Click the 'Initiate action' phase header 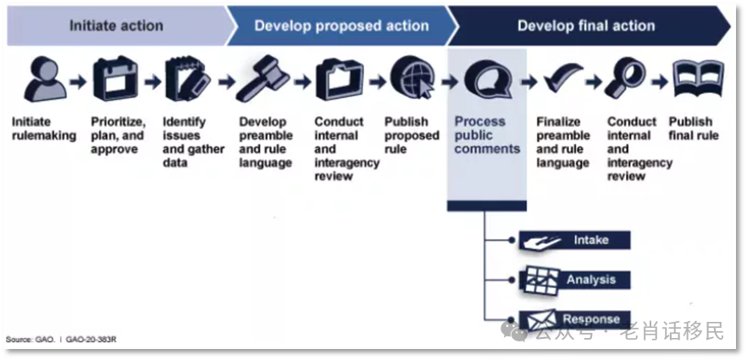click(x=117, y=25)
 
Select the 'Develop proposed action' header click(x=341, y=25)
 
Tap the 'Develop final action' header click(x=586, y=25)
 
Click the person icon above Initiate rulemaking click(x=45, y=80)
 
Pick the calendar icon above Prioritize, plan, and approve click(x=116, y=79)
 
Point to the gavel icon click(x=263, y=79)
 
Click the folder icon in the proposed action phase click(x=339, y=80)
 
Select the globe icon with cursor click(x=412, y=78)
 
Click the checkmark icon click(x=563, y=78)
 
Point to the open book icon click(x=698, y=79)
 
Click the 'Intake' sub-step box click(x=575, y=240)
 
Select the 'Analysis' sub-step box click(x=575, y=280)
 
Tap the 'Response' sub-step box click(x=575, y=319)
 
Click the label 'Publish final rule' click(x=693, y=129)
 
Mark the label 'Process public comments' click(x=487, y=136)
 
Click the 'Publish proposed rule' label click(x=412, y=136)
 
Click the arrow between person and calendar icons click(x=78, y=82)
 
